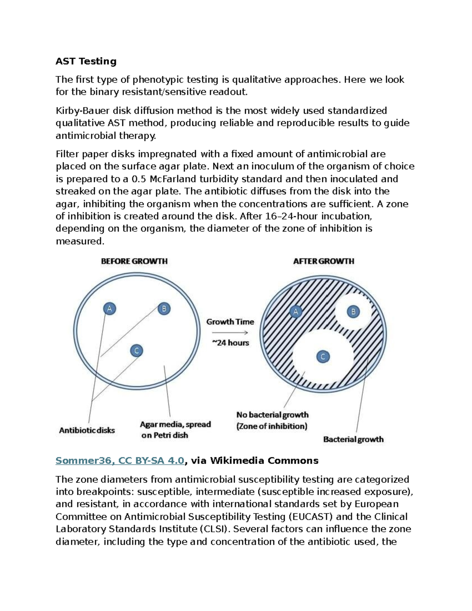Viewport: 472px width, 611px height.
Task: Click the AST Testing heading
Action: (x=86, y=61)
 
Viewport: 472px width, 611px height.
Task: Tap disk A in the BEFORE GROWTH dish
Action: (x=109, y=308)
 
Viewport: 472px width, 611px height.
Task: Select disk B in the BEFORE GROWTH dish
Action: (x=164, y=308)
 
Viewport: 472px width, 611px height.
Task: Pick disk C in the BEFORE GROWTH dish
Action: (x=136, y=351)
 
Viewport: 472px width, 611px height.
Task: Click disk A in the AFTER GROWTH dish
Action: (x=295, y=312)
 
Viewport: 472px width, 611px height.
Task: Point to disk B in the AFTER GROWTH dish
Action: (x=353, y=312)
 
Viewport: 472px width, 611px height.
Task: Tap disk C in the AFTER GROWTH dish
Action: (x=323, y=357)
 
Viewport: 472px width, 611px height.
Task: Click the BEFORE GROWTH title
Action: (x=134, y=261)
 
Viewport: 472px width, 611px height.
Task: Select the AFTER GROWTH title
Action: (x=323, y=261)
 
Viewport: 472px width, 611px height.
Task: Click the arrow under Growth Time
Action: (x=230, y=332)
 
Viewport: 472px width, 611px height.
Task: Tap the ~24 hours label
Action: (x=230, y=343)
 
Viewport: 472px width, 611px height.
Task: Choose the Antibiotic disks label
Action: (x=87, y=430)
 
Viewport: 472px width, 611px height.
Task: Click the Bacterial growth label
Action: (x=353, y=439)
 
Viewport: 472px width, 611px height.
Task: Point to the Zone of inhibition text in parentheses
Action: (x=272, y=426)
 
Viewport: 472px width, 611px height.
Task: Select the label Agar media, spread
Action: (x=175, y=425)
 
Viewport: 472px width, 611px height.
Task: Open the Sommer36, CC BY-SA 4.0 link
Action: (x=120, y=460)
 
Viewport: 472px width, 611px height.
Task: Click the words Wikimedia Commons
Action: (x=264, y=460)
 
